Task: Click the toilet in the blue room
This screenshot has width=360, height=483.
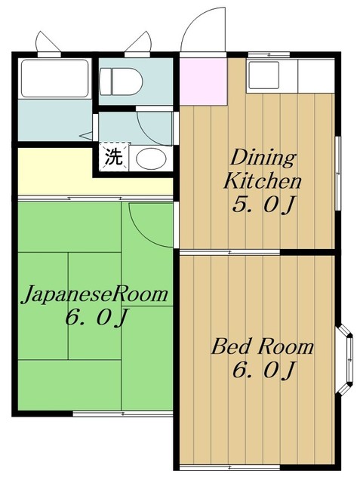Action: pyautogui.click(x=121, y=82)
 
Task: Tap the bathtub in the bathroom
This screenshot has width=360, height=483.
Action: pyautogui.click(x=55, y=78)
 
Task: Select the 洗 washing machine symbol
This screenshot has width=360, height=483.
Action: pyautogui.click(x=114, y=156)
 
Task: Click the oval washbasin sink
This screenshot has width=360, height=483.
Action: pyautogui.click(x=151, y=158)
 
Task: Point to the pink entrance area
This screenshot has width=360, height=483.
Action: pyautogui.click(x=203, y=82)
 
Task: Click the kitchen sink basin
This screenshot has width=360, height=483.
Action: pyautogui.click(x=264, y=75)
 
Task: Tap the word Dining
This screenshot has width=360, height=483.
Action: pyautogui.click(x=263, y=158)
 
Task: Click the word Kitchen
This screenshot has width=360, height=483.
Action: pyautogui.click(x=262, y=181)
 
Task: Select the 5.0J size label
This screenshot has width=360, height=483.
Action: pyautogui.click(x=264, y=205)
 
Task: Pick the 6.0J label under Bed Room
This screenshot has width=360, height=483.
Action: pyautogui.click(x=264, y=370)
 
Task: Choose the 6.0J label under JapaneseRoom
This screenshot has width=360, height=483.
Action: pyautogui.click(x=97, y=318)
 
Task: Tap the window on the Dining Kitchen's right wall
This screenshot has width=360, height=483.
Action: pyautogui.click(x=338, y=174)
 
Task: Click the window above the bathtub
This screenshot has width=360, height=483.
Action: pyautogui.click(x=49, y=44)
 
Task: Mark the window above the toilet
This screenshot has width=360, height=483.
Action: pyautogui.click(x=138, y=44)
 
